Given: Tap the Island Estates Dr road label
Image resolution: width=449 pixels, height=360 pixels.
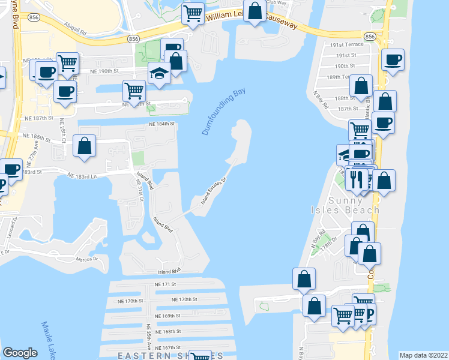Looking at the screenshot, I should [x=212, y=190].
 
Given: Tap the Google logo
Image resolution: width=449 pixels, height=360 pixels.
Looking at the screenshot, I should [x=20, y=353].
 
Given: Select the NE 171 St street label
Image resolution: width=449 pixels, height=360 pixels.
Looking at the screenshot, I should [x=167, y=284].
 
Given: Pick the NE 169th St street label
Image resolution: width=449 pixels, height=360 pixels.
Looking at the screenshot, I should [x=167, y=316].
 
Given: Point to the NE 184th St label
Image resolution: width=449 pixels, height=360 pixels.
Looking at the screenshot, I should [x=161, y=125].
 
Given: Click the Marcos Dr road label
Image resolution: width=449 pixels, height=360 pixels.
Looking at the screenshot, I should [x=87, y=259].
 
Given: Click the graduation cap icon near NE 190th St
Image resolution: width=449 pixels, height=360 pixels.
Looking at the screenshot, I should [x=159, y=73].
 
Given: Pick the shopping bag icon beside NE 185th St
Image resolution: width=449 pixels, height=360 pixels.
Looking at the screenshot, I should [x=85, y=146].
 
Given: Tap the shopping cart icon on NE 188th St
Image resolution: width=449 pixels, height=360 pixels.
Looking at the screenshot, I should [x=133, y=91].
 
